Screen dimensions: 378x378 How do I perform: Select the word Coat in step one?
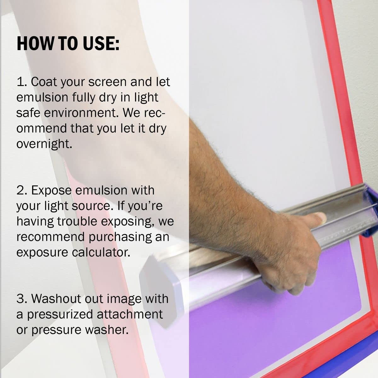(43, 82)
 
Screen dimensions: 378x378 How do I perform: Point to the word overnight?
(44, 144)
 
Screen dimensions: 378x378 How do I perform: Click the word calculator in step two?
(101, 252)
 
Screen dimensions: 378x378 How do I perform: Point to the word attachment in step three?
(130, 314)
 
